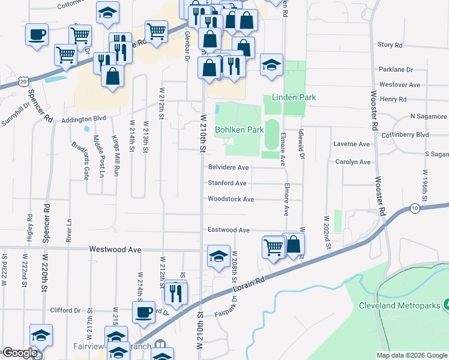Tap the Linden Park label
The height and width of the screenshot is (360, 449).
[294, 97]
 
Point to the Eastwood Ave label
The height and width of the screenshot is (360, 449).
[228, 230]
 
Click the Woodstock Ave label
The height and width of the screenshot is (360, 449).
[231, 199]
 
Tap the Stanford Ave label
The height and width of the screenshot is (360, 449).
[228, 183]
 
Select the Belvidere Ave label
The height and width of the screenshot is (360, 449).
[228, 167]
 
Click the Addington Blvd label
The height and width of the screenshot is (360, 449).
[83, 119]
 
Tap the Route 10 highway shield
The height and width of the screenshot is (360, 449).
[415, 208]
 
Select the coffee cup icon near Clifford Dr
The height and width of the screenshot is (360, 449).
[143, 312]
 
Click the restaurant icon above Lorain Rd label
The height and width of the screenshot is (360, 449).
[176, 292]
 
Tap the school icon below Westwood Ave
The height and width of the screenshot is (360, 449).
[218, 256]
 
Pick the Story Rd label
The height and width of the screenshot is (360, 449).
[390, 45]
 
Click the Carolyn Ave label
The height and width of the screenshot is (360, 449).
[353, 162]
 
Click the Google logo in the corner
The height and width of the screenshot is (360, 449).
[20, 353]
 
